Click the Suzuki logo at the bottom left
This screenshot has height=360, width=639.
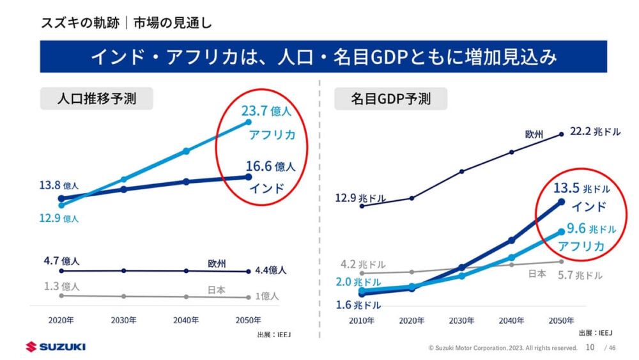point(56,347)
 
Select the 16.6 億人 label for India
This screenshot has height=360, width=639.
point(270,167)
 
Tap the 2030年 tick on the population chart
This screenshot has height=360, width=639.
point(124,320)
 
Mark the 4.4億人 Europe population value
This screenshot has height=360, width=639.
point(271,270)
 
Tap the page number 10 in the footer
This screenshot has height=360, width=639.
point(590,347)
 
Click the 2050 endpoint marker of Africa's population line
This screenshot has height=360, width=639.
point(249,121)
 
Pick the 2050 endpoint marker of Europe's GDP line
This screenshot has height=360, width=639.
point(561,134)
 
